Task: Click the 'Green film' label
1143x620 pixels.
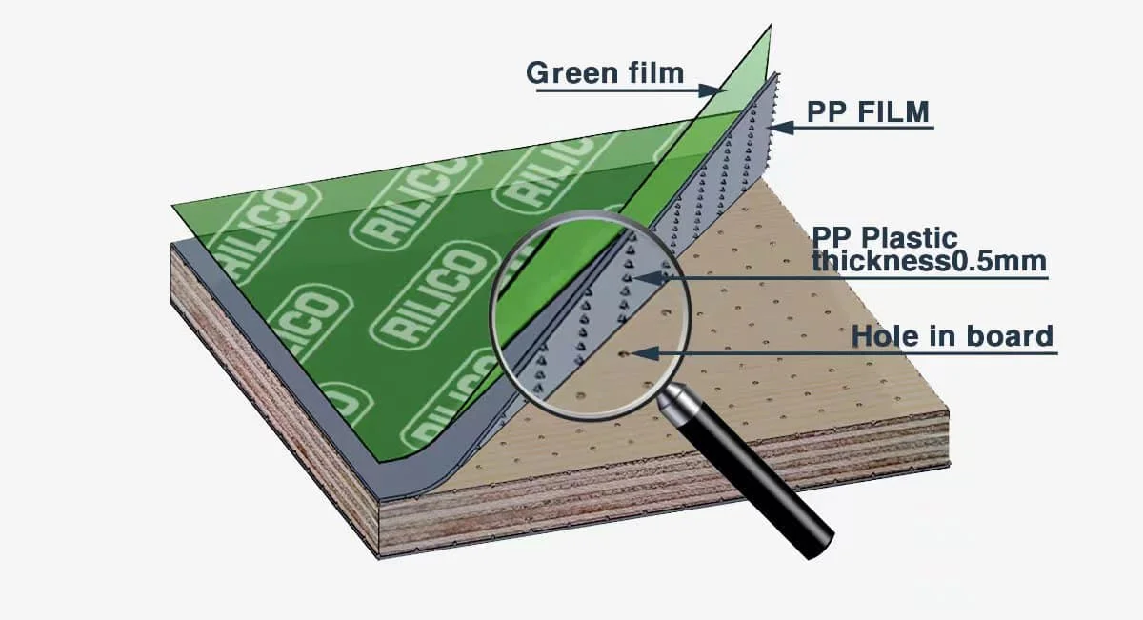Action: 605,72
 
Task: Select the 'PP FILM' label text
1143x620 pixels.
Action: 867,112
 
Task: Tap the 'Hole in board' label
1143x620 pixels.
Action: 952,336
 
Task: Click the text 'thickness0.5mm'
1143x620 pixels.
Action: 929,261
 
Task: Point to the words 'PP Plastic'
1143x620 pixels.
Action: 885,237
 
